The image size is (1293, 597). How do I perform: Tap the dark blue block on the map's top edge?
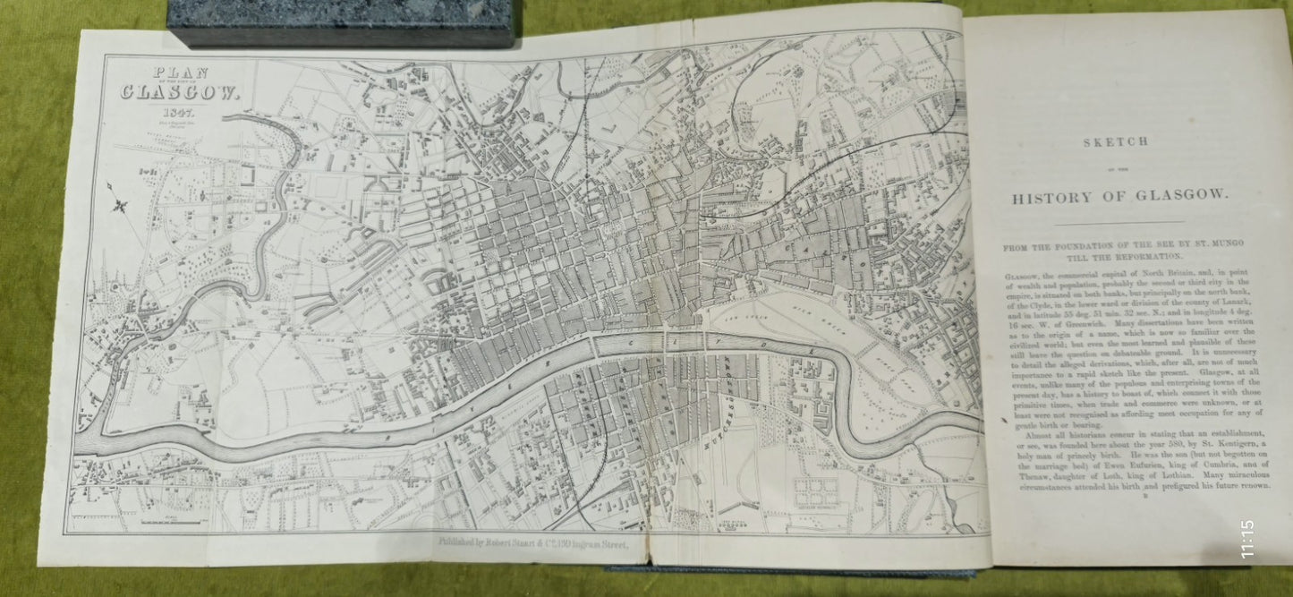(340, 22)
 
